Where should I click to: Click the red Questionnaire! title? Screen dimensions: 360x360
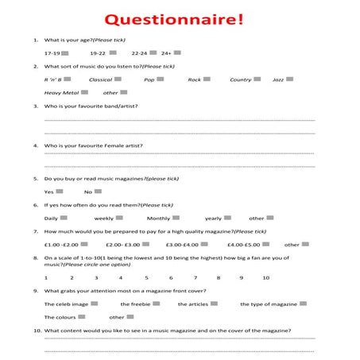point(179,17)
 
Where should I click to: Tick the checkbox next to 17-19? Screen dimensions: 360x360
point(75,52)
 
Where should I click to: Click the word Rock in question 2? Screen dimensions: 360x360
point(194,79)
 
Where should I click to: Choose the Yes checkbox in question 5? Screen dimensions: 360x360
point(60,191)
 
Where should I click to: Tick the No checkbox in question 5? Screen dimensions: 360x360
point(98,191)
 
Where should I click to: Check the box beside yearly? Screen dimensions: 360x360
point(227,217)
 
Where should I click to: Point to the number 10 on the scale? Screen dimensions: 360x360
point(265,278)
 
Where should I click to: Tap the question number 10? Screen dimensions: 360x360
point(37,330)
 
